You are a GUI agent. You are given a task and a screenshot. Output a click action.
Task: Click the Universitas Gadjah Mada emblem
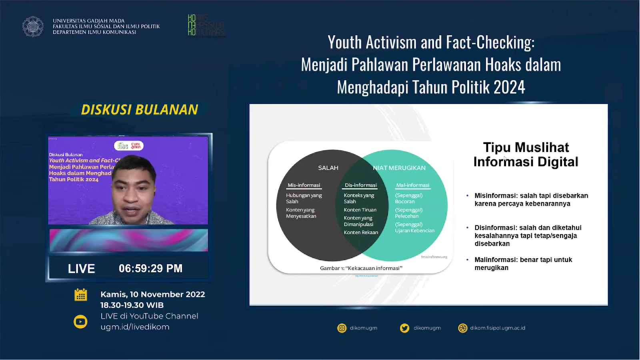33,27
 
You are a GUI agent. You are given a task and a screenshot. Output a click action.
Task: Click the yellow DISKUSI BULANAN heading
140,110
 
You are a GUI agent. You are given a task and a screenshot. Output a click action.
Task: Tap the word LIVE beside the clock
81,268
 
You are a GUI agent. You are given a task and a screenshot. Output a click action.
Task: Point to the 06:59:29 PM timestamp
150,268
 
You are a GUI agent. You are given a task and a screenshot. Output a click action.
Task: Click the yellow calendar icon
81,295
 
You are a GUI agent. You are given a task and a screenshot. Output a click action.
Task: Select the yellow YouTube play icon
80,322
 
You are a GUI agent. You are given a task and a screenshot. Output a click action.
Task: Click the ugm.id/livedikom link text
135,327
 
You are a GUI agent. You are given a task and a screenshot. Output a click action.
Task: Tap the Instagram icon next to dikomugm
342,328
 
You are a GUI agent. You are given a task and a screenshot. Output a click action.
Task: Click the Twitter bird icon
404,328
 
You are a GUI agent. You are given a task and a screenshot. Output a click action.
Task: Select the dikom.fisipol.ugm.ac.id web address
498,328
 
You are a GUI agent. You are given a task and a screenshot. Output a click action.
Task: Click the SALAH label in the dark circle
328,168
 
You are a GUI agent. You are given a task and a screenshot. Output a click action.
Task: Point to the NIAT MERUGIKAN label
399,168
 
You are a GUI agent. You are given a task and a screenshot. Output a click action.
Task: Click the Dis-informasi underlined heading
361,185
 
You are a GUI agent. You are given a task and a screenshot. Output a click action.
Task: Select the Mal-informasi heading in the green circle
412,185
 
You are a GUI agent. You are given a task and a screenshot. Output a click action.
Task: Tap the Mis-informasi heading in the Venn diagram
304,185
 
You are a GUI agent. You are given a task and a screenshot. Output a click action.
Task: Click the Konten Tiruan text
360,210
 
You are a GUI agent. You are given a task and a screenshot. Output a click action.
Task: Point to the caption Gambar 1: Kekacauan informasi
361,268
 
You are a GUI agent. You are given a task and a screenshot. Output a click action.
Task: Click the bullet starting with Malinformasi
523,264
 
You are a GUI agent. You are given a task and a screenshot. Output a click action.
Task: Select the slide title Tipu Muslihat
526,154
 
